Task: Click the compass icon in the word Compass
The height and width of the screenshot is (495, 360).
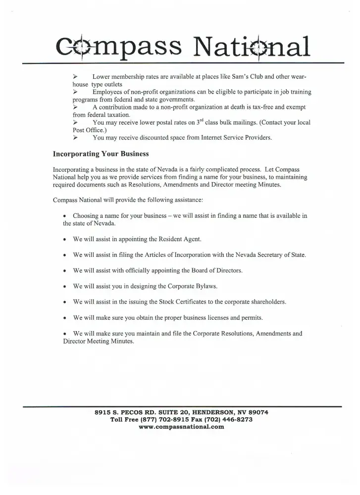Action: [77, 46]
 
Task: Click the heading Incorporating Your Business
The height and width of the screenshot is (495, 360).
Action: [101, 153]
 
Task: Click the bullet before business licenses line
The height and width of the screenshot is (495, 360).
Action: [65, 318]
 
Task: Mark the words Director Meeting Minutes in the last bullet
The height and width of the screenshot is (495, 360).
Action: [98, 342]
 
